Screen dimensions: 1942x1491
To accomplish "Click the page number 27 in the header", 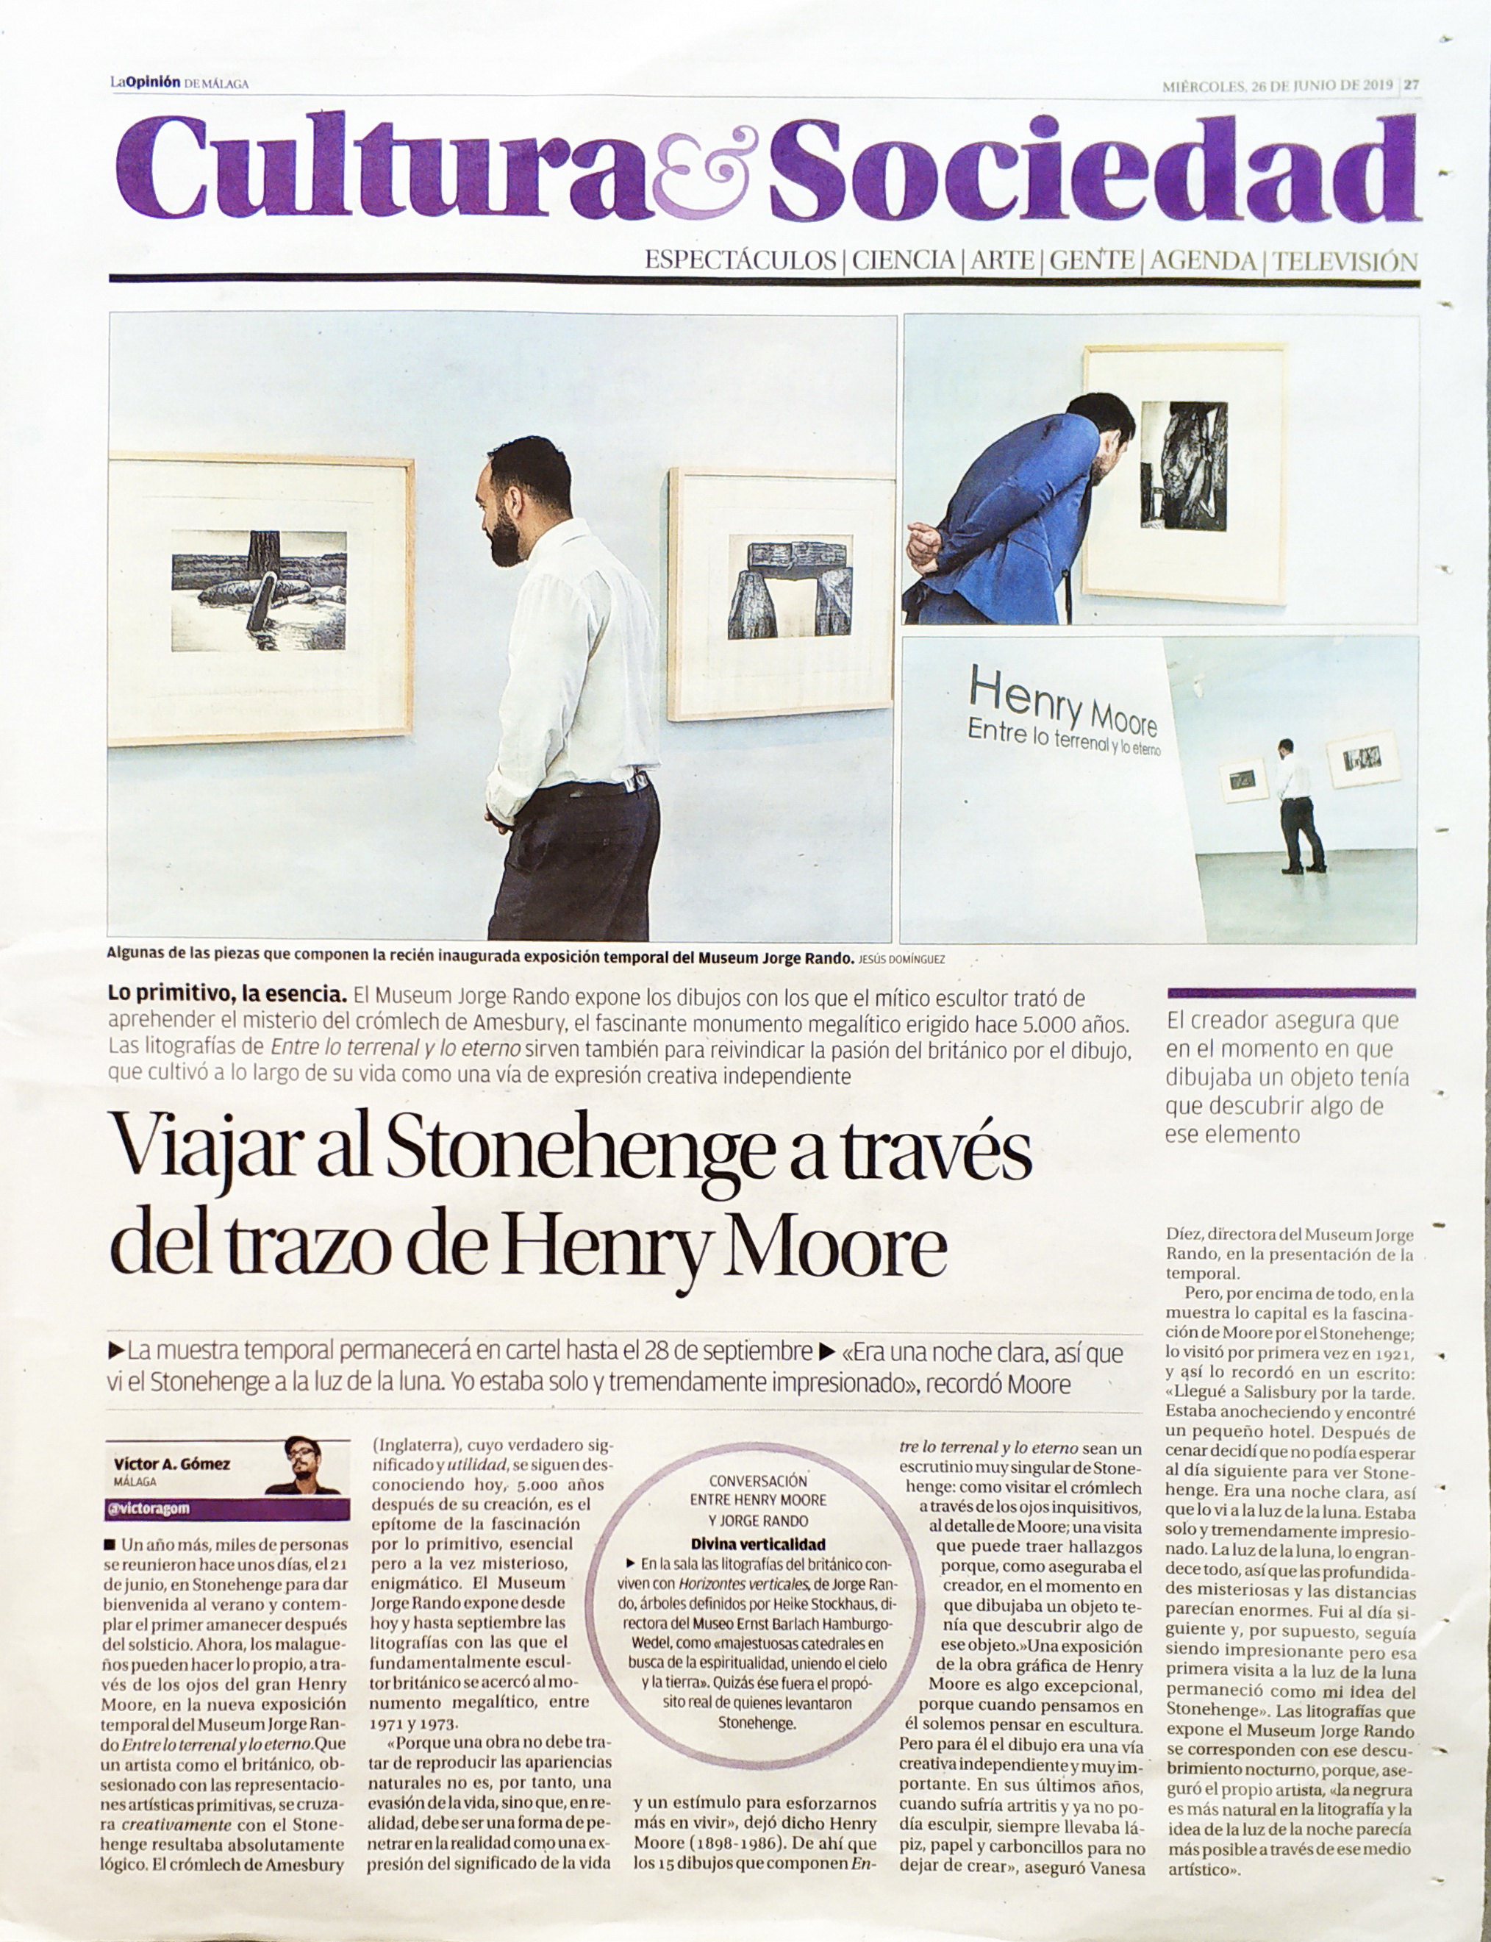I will coord(1411,85).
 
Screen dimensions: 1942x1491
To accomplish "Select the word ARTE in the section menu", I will coord(1003,261).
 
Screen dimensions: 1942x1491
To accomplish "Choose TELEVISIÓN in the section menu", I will coord(1345,261).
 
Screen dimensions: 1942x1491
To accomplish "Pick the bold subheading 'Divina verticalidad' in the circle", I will coord(758,1543).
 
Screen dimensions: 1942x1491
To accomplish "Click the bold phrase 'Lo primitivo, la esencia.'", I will coord(226,997).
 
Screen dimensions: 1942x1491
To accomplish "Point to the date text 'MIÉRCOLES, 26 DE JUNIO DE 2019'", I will coord(1278,85).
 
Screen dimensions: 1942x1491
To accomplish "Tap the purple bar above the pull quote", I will coord(1291,993).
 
